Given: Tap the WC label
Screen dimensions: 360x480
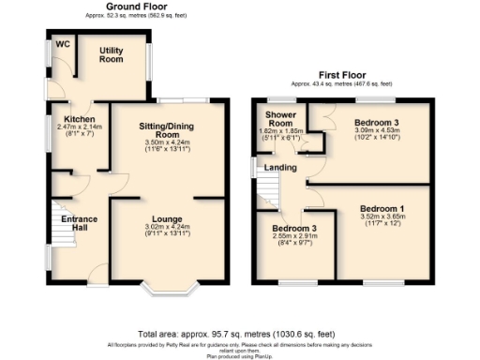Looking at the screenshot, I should (x=62, y=44).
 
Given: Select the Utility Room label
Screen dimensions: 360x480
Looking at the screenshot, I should (x=112, y=54).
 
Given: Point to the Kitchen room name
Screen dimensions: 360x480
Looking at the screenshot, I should (x=79, y=119).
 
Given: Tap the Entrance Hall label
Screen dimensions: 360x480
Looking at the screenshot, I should (x=79, y=224).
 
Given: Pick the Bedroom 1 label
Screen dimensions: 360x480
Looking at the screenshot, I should (x=383, y=207).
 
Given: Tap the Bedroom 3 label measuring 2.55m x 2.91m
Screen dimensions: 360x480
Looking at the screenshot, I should (x=294, y=228).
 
